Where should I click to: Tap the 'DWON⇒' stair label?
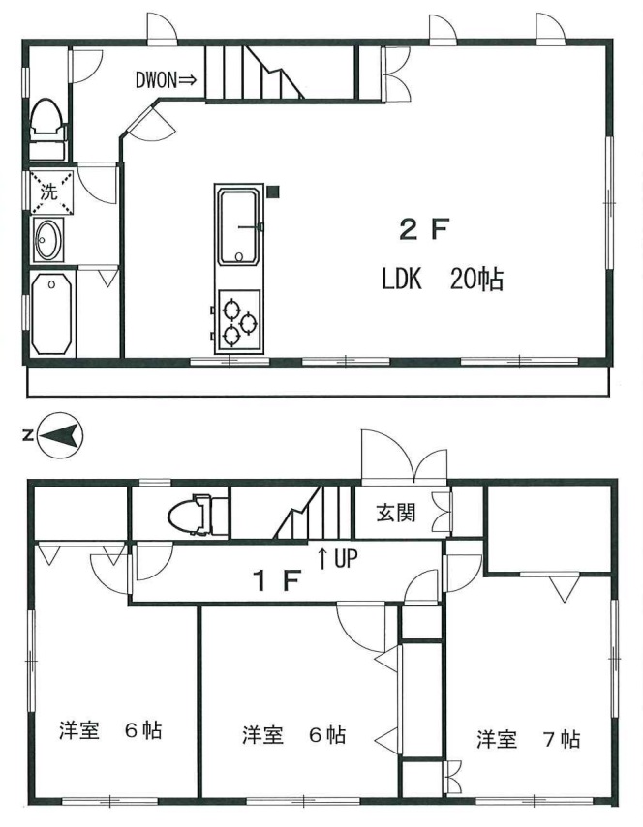click(166, 80)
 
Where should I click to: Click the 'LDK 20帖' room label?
click(443, 279)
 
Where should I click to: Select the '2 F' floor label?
click(424, 230)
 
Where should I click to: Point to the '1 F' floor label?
click(277, 580)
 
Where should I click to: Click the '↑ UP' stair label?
click(337, 558)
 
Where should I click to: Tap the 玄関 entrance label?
click(396, 512)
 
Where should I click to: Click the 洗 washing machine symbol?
click(50, 191)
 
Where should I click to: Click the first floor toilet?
click(197, 515)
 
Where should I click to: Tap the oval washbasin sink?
click(48, 240)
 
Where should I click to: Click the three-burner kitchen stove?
click(238, 321)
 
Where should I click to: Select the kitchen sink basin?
click(238, 226)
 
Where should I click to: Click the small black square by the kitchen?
click(273, 192)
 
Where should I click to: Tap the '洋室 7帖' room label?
click(529, 739)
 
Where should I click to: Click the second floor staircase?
click(255, 73)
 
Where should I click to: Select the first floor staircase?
click(313, 512)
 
